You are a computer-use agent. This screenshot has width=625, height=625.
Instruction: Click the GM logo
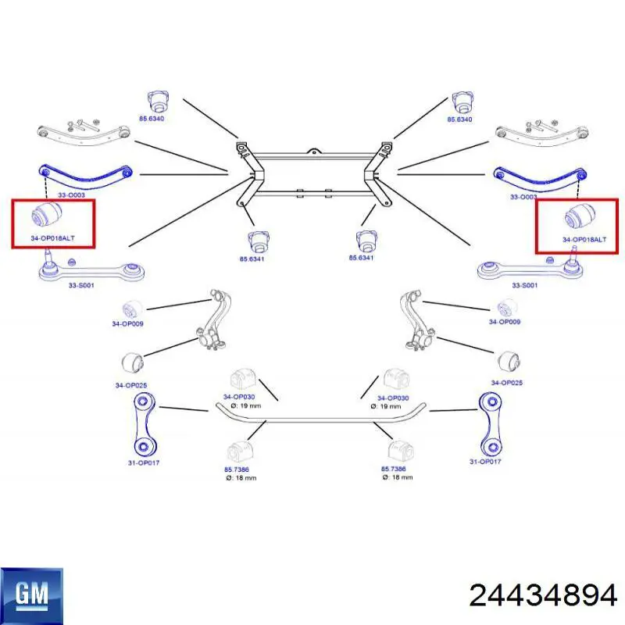31,595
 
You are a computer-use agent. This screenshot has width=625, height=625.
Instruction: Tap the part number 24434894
543,596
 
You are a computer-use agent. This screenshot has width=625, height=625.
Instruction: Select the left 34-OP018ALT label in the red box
52,238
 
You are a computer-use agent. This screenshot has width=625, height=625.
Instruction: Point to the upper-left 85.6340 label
152,119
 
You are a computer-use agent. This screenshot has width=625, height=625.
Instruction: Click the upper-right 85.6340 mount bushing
462,103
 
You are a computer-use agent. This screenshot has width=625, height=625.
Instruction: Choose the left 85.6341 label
252,259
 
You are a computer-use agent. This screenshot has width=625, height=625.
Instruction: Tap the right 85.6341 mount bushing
366,242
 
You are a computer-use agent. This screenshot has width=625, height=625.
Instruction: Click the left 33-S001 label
81,285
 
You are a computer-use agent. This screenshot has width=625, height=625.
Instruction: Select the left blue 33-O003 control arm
85,176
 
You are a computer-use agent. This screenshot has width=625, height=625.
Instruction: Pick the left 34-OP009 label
127,323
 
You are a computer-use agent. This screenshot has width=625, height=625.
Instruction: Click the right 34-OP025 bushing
509,361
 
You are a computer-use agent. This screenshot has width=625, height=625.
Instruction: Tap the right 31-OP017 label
485,462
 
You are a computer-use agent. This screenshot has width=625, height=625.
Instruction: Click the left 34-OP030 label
239,397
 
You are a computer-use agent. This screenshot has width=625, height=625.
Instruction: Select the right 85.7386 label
394,470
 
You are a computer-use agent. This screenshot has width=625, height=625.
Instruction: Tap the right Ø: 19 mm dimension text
386,406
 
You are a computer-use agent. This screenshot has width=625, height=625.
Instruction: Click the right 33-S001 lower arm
530,268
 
